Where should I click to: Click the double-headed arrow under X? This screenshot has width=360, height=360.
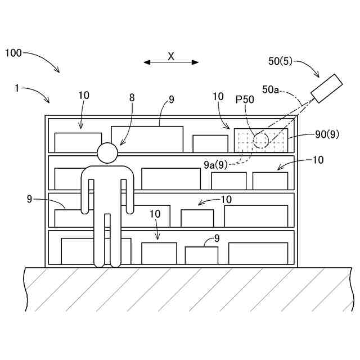(x=171, y=62)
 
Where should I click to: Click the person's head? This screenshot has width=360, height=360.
(x=107, y=152)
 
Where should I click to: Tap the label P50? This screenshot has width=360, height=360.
(x=245, y=100)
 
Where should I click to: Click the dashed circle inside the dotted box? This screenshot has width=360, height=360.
(x=260, y=140)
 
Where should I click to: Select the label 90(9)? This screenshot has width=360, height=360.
(x=327, y=134)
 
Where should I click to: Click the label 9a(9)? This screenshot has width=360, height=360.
(x=215, y=164)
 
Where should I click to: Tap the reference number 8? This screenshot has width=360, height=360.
(x=132, y=97)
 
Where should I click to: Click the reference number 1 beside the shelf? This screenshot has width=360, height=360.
(x=17, y=88)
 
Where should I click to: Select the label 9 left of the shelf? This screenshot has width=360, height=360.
(x=30, y=199)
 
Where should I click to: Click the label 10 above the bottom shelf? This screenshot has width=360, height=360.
(x=156, y=214)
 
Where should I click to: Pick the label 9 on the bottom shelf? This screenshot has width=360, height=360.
(x=217, y=238)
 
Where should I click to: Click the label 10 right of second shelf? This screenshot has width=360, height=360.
(x=318, y=160)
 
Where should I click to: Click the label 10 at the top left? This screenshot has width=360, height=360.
(x=84, y=96)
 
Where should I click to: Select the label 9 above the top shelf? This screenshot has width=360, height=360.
(x=171, y=100)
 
